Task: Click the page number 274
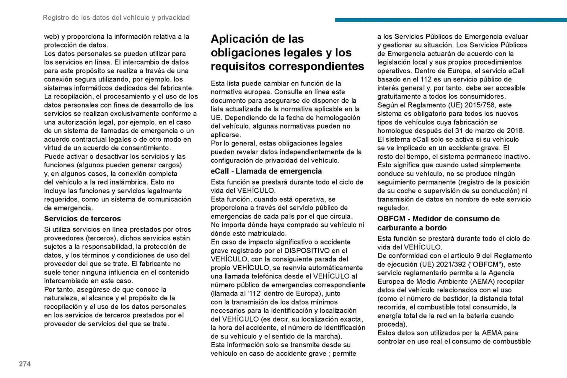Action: click(25, 364)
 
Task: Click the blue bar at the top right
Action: click(451, 20)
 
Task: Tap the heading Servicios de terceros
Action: click(82, 219)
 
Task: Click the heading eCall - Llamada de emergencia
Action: click(266, 171)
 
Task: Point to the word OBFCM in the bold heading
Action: click(391, 219)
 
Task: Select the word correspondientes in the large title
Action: click(316, 66)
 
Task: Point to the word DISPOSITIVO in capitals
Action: click(307, 251)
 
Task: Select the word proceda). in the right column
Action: click(392, 324)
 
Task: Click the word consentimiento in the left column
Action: click(150, 148)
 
